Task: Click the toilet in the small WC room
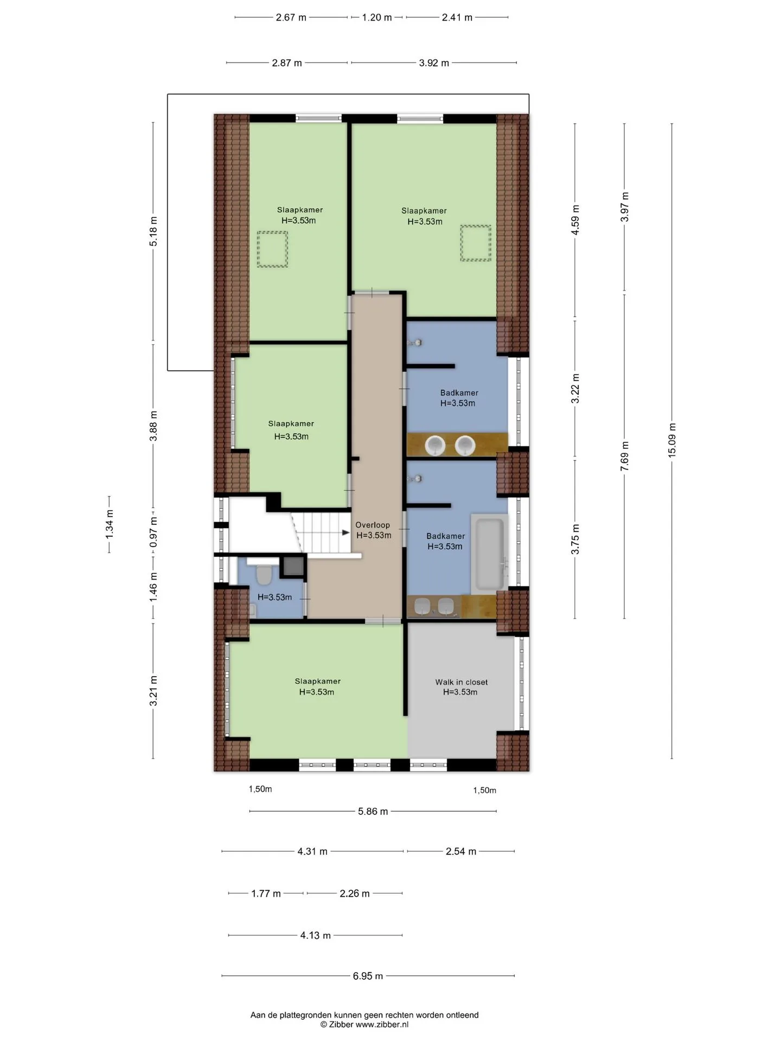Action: pyautogui.click(x=264, y=575)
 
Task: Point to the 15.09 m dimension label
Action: pyautogui.click(x=672, y=440)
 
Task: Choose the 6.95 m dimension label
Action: pyautogui.click(x=368, y=976)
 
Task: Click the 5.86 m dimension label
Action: pyautogui.click(x=373, y=811)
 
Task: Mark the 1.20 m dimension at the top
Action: pyautogui.click(x=377, y=17)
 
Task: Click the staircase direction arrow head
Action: pyautogui.click(x=346, y=532)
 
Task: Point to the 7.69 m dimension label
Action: pyautogui.click(x=625, y=455)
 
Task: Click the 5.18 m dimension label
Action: pyautogui.click(x=153, y=232)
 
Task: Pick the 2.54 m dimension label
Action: pyautogui.click(x=461, y=851)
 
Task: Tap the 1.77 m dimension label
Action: pyautogui.click(x=266, y=893)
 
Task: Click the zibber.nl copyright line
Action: pyautogui.click(x=364, y=1024)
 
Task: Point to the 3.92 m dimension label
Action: pyautogui.click(x=434, y=63)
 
